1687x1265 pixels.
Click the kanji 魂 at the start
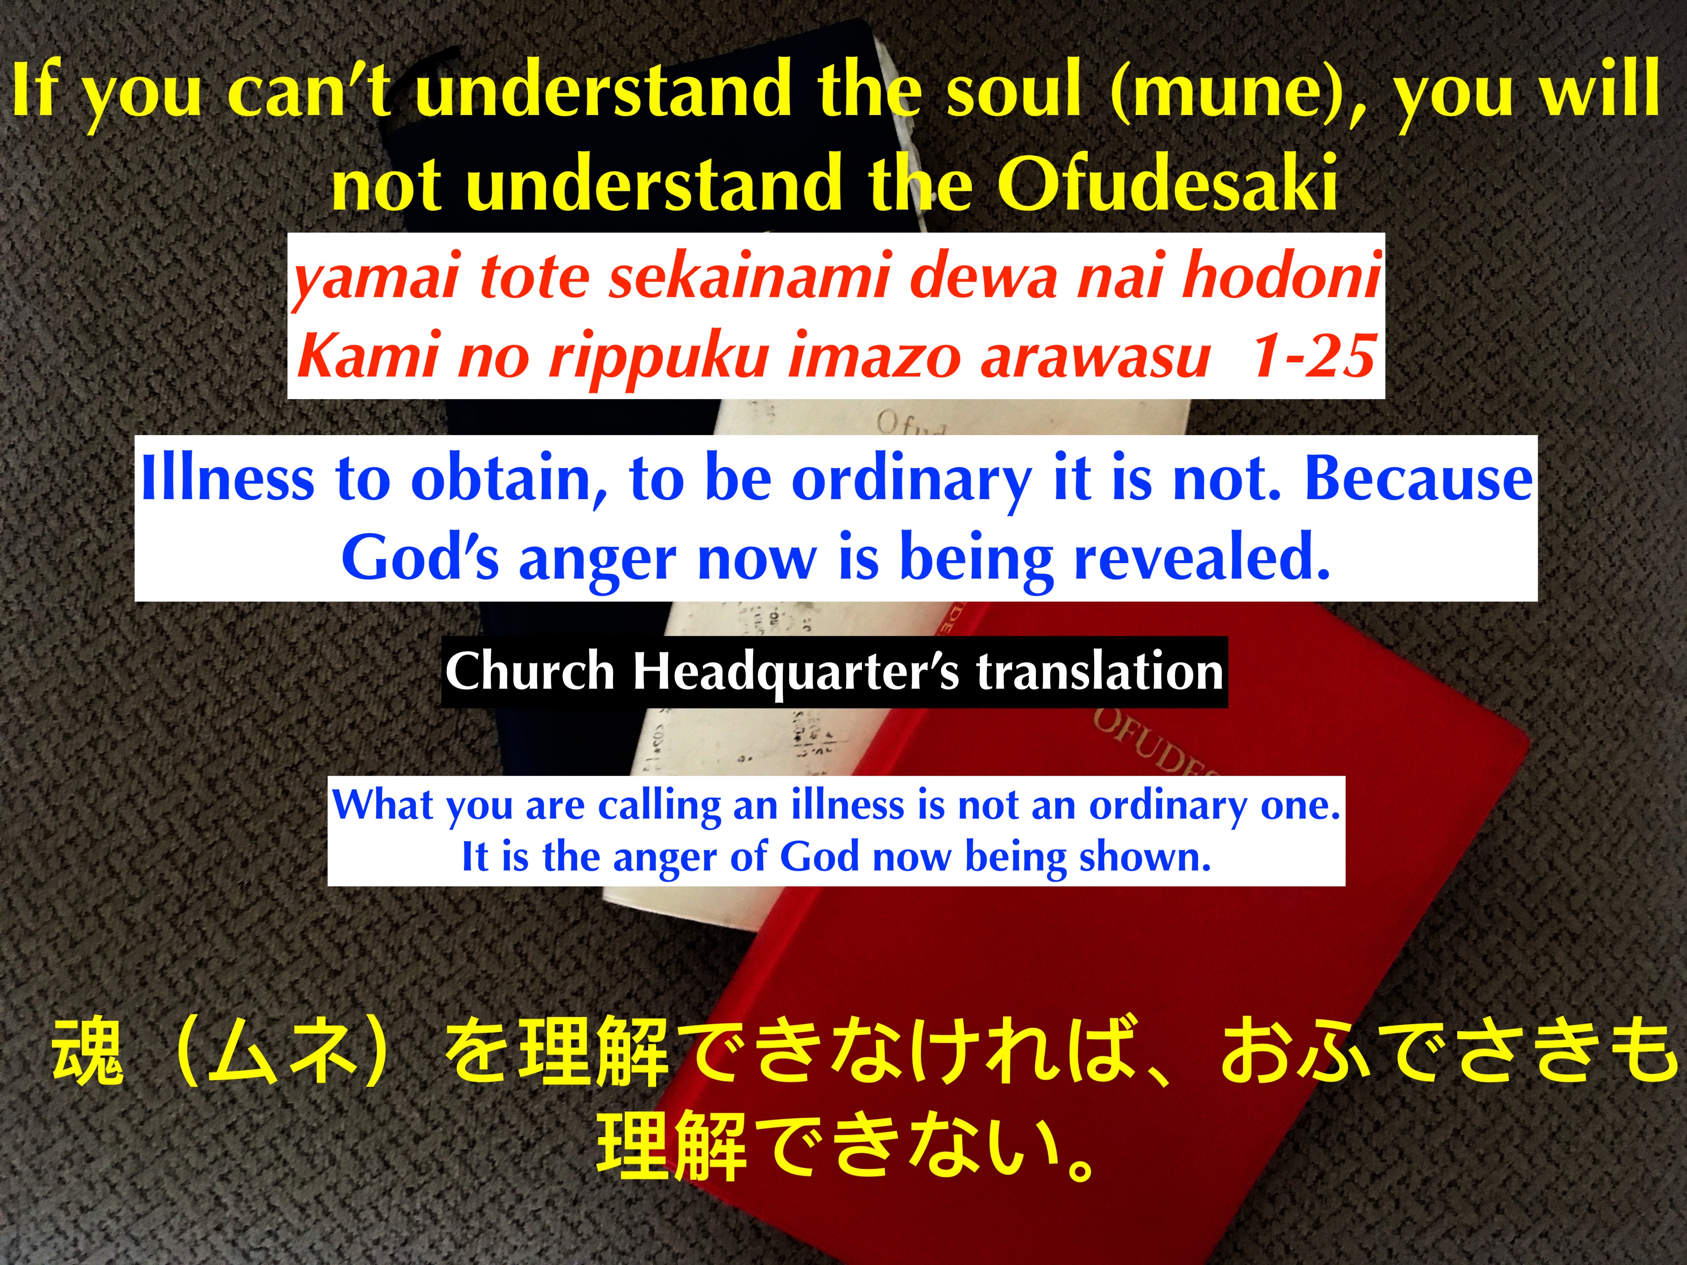coord(86,1053)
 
